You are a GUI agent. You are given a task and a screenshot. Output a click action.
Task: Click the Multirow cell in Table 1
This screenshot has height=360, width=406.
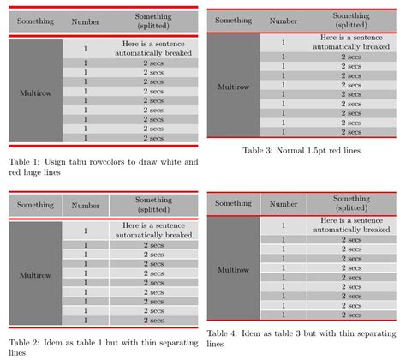pos(35,92)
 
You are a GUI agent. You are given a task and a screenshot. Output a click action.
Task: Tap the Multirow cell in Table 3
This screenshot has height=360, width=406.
pos(234,87)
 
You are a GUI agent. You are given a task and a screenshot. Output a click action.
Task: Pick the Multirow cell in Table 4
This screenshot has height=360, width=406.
pos(234,269)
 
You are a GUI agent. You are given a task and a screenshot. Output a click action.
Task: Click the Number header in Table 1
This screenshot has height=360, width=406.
pos(86,21)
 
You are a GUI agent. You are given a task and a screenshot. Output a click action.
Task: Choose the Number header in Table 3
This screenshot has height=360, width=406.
pos(284,21)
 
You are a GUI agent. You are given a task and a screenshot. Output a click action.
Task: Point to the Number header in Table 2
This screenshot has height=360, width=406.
pos(86,206)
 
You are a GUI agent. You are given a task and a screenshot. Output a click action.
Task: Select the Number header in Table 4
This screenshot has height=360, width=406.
pos(284,203)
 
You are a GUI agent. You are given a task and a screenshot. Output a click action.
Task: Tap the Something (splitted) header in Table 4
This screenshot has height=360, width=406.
pos(351,203)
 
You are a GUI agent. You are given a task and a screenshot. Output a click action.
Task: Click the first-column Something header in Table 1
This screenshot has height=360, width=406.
pos(35,21)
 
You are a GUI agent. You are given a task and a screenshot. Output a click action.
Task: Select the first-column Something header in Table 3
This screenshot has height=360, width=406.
pos(234,21)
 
